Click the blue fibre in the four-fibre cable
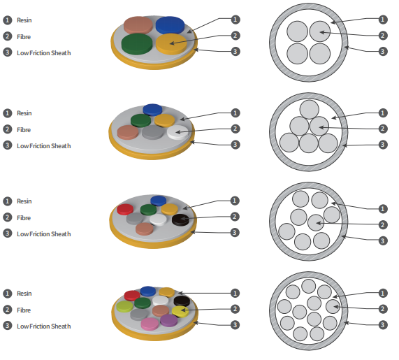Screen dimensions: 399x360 click(170, 25)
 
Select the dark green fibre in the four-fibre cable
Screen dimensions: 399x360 click(137, 43)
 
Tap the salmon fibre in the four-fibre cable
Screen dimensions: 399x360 click(138, 25)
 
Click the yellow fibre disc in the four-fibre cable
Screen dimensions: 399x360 click(171, 44)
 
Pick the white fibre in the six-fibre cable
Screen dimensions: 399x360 click(177, 132)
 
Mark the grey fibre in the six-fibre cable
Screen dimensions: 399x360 click(152, 132)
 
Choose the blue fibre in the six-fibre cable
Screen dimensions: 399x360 click(152, 110)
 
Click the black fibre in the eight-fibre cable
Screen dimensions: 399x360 click(180, 219)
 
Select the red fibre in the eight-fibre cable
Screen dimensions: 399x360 click(125, 209)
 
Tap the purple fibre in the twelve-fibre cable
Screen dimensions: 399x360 click(168, 320)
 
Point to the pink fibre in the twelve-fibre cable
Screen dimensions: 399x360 click(150, 324)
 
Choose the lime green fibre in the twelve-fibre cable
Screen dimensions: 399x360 click(124, 306)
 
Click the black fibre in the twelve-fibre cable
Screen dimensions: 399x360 click(182, 301)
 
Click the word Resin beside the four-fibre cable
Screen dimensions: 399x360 click(24, 20)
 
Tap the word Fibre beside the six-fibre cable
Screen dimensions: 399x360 click(24, 130)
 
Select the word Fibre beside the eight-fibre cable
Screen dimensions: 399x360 click(24, 218)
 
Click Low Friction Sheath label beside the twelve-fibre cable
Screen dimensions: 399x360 click(44, 326)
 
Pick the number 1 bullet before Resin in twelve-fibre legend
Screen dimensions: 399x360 click(8, 294)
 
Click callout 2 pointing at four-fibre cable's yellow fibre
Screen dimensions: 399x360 click(235, 36)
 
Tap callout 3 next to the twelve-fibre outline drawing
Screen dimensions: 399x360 click(382, 324)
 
